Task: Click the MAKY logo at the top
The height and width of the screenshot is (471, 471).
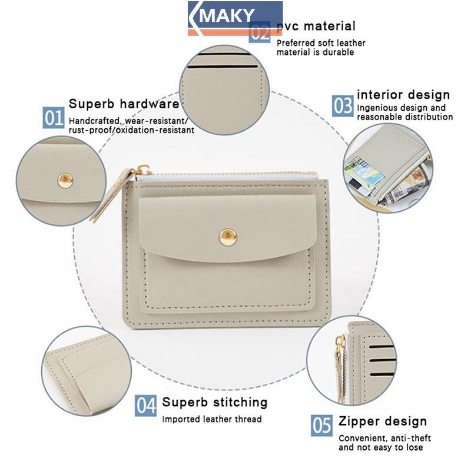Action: click(x=235, y=18)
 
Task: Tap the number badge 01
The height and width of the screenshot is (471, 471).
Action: click(x=53, y=118)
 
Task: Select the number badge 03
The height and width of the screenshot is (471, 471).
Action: click(x=343, y=106)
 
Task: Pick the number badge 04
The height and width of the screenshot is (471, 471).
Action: click(x=145, y=406)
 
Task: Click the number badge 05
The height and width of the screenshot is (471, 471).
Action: click(x=321, y=425)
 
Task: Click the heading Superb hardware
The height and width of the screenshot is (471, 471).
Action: click(x=124, y=104)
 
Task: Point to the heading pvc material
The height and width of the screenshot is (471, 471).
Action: click(x=316, y=26)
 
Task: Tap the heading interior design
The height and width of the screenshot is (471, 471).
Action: click(x=403, y=95)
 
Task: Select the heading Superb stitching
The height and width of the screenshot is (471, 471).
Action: click(x=215, y=402)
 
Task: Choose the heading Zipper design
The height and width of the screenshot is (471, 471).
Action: click(x=383, y=422)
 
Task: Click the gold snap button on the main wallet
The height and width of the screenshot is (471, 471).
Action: click(x=228, y=237)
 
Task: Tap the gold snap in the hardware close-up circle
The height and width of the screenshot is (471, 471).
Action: click(x=65, y=181)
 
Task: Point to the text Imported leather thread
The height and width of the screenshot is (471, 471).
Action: click(x=212, y=419)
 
